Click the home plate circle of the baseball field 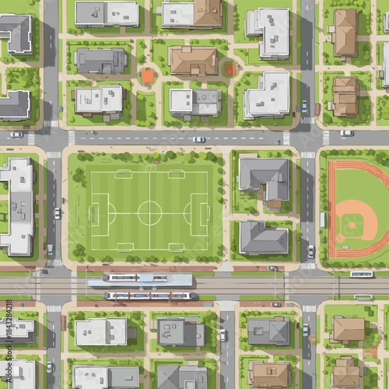342,242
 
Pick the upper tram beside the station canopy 140,278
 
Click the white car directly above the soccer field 199,139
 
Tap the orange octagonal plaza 148,76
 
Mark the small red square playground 230,70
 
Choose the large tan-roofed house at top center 193,61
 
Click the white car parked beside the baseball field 311,251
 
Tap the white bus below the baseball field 361,274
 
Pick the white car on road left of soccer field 57,213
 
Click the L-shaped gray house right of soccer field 264,177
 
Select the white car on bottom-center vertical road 223,335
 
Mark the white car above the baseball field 347,133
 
